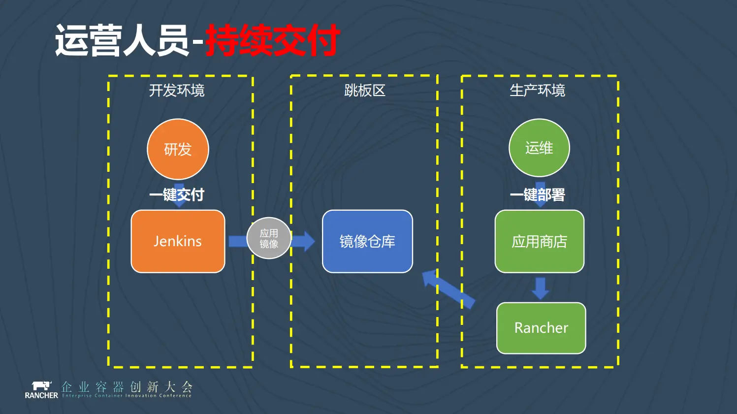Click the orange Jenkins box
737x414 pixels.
(178, 241)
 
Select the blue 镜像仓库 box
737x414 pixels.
(367, 241)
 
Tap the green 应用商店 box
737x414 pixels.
(539, 241)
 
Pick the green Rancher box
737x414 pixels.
(541, 328)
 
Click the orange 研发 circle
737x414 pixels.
(178, 149)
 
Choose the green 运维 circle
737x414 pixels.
(539, 148)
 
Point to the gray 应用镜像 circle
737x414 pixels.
(269, 238)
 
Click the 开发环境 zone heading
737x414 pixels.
(177, 91)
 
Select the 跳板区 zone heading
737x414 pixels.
(364, 91)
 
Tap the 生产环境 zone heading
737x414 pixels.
(537, 91)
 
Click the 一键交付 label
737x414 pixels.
(177, 195)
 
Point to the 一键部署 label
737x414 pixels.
(538, 195)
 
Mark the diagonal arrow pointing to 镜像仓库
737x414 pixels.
(448, 289)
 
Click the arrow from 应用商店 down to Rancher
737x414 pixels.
(540, 288)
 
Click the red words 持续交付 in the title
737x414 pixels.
(272, 40)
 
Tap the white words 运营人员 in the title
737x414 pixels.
(122, 40)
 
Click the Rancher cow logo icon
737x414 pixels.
(41, 386)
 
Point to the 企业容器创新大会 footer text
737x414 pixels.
(127, 387)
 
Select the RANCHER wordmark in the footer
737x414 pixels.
(41, 395)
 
